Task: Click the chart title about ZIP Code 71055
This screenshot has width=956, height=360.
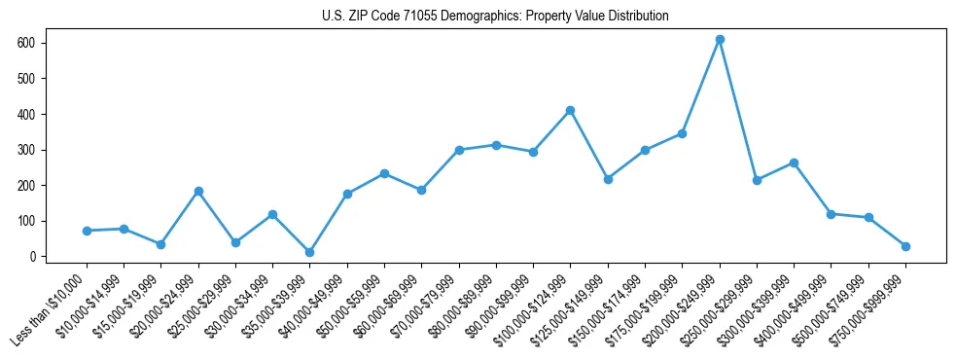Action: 495,16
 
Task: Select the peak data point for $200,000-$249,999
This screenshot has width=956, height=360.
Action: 720,40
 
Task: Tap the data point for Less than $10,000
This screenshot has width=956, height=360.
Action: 87,231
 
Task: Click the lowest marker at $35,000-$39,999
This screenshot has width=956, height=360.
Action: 309,252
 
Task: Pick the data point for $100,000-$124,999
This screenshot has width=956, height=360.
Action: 571,110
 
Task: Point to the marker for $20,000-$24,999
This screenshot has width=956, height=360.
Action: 198,192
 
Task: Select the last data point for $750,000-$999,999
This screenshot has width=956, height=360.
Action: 905,246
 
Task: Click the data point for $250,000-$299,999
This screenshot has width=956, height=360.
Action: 757,180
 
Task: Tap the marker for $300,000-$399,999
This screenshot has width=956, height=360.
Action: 794,162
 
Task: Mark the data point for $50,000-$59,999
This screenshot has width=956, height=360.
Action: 384,173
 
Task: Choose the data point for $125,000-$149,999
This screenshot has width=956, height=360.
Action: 608,179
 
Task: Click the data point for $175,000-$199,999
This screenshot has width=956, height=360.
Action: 682,133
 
